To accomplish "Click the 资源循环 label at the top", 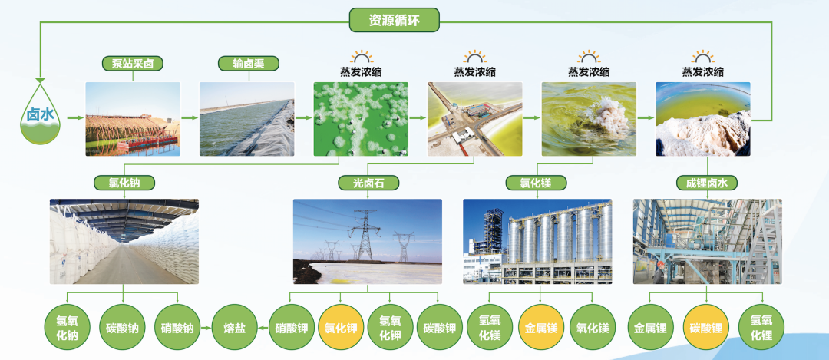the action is point(395,20).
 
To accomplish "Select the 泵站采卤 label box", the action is point(133,64).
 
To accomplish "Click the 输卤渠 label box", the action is point(249,64).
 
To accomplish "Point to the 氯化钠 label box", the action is point(124,183).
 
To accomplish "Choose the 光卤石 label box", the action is point(368,183).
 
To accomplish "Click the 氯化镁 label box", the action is point(536,183).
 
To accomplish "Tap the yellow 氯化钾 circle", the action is point(341,327).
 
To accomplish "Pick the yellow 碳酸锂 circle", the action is point(706,327).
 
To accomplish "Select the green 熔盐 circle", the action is point(234,327).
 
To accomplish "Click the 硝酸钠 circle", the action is point(177,327).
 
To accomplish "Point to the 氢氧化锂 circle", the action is point(761,327).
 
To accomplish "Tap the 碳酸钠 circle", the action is point(122,327).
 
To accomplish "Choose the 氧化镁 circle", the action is point(593,327).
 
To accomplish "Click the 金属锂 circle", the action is point(650,327).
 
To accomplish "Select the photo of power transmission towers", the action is point(368,242).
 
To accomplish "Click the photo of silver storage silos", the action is point(537,242).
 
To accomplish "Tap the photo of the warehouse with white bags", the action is point(124,242).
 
